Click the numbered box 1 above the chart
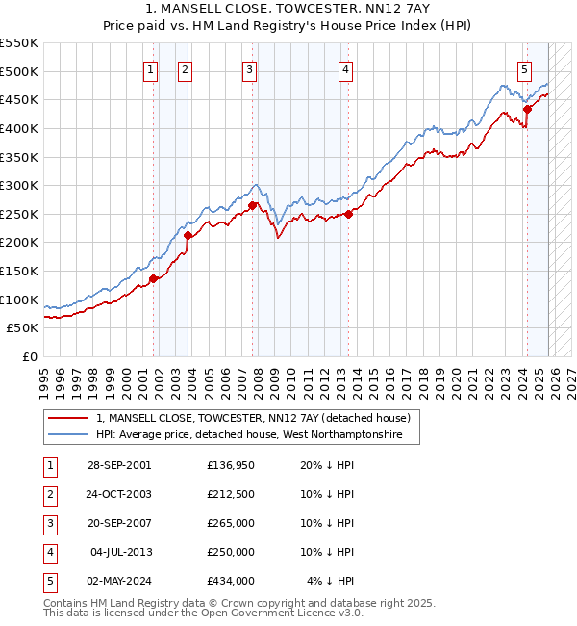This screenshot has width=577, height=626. pos(152,69)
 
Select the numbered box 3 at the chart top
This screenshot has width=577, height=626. pos(249,69)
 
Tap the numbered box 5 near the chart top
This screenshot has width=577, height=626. pos(524,69)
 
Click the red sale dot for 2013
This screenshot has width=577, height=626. pos(348,214)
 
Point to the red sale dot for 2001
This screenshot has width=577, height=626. pos(153,279)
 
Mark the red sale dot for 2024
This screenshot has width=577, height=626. pos(527,109)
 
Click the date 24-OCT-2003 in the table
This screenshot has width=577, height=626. pos(119,493)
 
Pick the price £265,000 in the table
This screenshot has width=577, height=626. pos(230,522)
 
